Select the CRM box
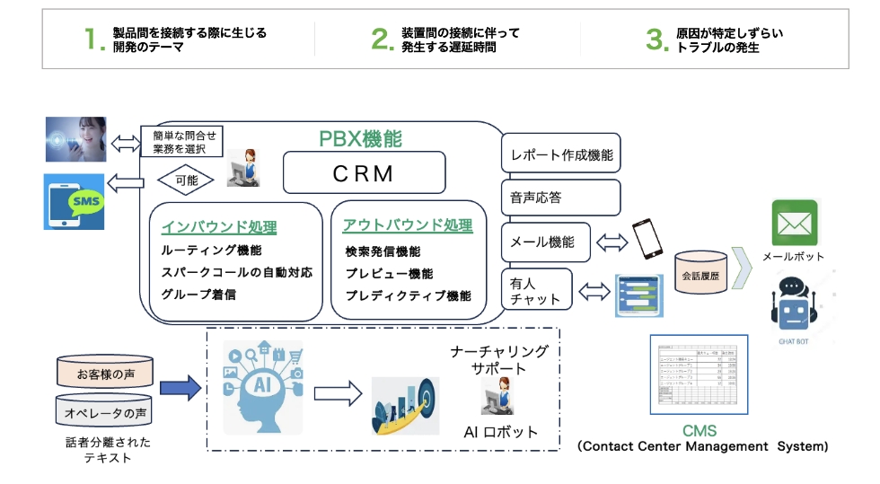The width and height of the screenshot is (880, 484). pos(364,172)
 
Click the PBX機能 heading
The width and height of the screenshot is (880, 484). pos(360,139)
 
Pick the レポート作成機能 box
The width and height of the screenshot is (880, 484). pos(560,154)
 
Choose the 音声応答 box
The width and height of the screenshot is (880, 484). pos(560,198)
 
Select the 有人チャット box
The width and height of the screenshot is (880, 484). pos(536,291)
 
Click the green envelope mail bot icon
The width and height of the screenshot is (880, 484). pos(795,223)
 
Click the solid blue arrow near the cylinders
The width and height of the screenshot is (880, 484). pos(180,389)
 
